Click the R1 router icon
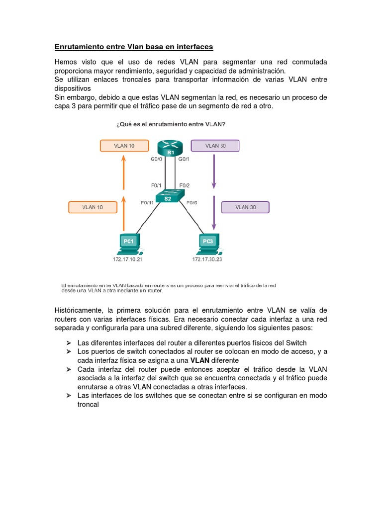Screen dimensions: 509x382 tap(170, 148)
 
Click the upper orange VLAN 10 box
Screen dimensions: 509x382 tap(124, 146)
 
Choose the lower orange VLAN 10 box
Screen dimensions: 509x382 tap(93, 207)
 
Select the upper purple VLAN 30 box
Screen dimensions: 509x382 tap(215, 146)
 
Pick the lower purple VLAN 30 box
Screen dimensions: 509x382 tap(245, 207)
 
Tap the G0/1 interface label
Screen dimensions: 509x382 tap(184, 159)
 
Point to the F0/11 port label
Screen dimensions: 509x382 tap(148, 203)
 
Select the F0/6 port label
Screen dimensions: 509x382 tap(192, 203)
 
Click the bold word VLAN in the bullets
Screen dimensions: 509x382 tap(200, 360)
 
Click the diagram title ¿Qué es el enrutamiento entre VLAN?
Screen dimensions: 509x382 tap(171, 125)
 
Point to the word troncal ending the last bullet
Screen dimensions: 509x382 tap(89, 405)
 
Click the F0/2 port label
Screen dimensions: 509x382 tap(185, 185)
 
